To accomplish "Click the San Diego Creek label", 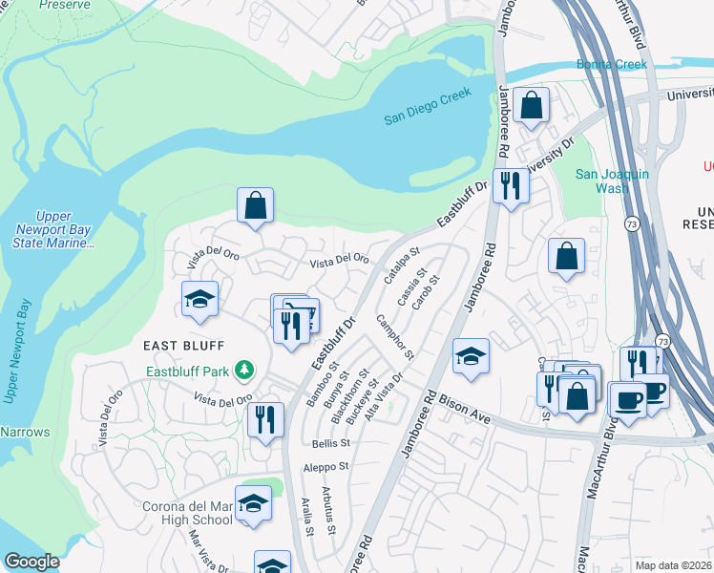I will click(429, 106).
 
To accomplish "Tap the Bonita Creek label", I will click(611, 64).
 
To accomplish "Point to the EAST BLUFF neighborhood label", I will click(184, 345).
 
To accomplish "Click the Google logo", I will click(31, 562).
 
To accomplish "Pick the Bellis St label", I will click(331, 443).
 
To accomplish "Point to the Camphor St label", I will click(394, 336).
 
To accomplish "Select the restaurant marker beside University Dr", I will click(511, 184).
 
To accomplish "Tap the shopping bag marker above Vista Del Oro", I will click(256, 205).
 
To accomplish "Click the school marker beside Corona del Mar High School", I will click(253, 504).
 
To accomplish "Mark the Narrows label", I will click(25, 432).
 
